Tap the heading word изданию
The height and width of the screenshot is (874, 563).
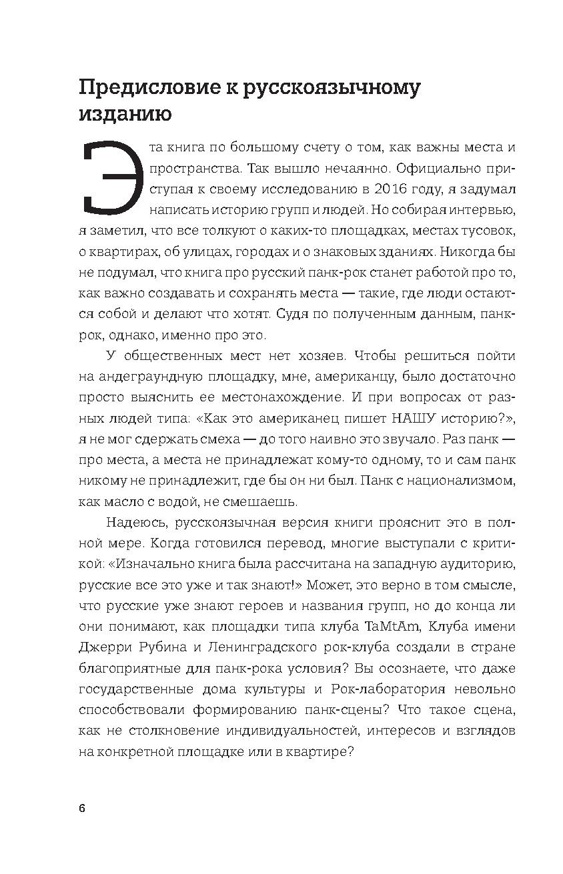click(x=125, y=114)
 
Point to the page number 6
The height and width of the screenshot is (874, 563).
click(x=82, y=809)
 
